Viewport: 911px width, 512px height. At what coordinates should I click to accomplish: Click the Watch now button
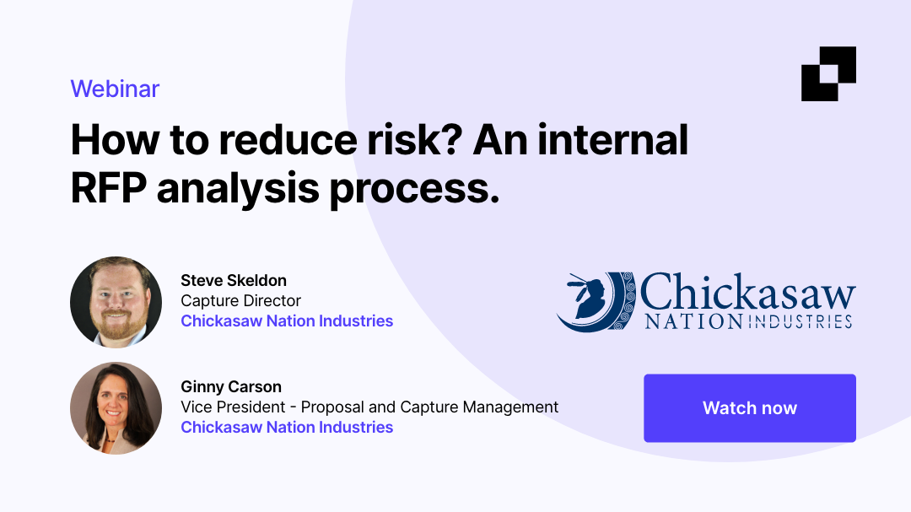[x=749, y=408]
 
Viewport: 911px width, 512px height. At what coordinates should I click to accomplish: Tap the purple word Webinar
[x=115, y=89]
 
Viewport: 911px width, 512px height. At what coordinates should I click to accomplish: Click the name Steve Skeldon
[x=234, y=280]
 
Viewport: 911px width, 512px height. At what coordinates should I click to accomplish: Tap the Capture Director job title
[x=240, y=300]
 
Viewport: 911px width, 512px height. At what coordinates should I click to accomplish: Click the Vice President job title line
[x=369, y=407]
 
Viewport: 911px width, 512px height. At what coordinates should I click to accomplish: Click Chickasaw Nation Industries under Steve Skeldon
[x=287, y=321]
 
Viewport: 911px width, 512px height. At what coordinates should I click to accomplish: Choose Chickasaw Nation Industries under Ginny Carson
[x=287, y=427]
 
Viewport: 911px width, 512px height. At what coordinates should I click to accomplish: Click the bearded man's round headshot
[x=116, y=302]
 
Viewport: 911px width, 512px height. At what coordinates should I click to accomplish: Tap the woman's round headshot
[x=116, y=408]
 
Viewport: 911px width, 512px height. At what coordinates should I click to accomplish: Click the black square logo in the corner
[x=828, y=73]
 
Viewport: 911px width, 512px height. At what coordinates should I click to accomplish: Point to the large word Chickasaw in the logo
[x=747, y=292]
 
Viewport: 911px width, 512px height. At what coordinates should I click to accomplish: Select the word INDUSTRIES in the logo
[x=798, y=321]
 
